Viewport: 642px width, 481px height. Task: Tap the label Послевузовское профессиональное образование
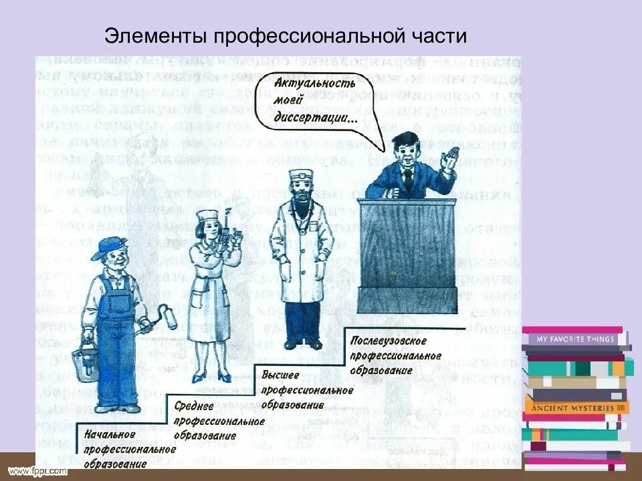(x=395, y=355)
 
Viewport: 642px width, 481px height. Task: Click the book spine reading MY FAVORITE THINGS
(x=575, y=339)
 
